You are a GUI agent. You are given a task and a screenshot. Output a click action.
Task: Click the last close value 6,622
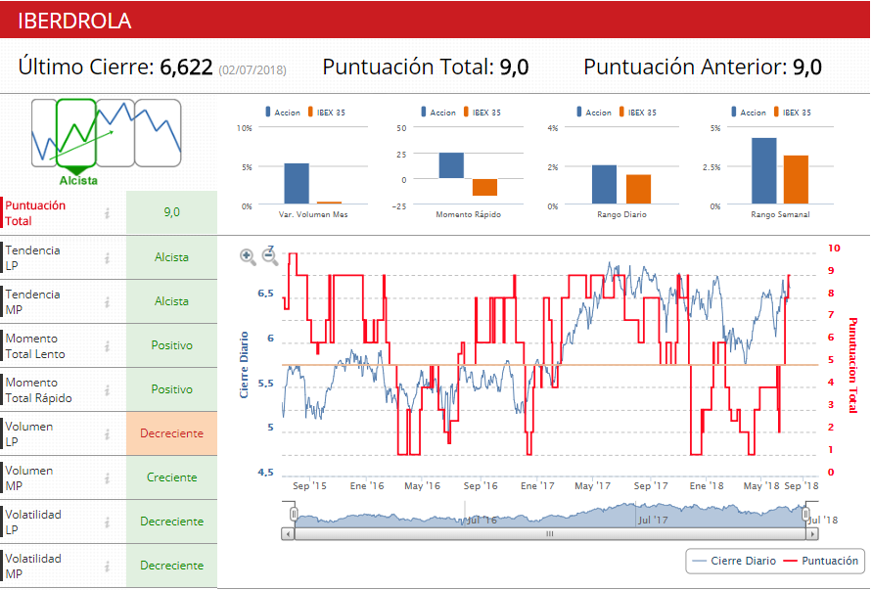(186, 68)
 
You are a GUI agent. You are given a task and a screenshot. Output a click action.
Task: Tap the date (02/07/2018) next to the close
(252, 69)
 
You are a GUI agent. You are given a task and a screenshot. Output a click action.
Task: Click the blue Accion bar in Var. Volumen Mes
(297, 184)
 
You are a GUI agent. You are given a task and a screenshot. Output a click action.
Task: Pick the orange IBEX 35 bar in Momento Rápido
(484, 188)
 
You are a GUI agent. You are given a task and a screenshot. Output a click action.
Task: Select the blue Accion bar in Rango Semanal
(763, 171)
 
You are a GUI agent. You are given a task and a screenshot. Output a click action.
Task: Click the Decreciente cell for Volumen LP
(171, 433)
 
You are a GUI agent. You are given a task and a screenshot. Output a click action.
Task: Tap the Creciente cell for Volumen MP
(171, 477)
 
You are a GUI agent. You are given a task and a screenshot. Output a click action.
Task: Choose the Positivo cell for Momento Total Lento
(171, 345)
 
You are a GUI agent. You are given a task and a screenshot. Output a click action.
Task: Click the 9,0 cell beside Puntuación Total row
(171, 212)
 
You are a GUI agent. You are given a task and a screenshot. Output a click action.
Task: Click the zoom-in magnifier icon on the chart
(248, 256)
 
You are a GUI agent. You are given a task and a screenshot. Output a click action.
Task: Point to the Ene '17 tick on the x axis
(537, 485)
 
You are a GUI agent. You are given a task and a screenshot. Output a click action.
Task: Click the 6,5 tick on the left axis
(265, 294)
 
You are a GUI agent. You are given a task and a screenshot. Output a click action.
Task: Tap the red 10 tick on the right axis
(832, 249)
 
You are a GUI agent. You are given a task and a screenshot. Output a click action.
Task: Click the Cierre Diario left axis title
(244, 364)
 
